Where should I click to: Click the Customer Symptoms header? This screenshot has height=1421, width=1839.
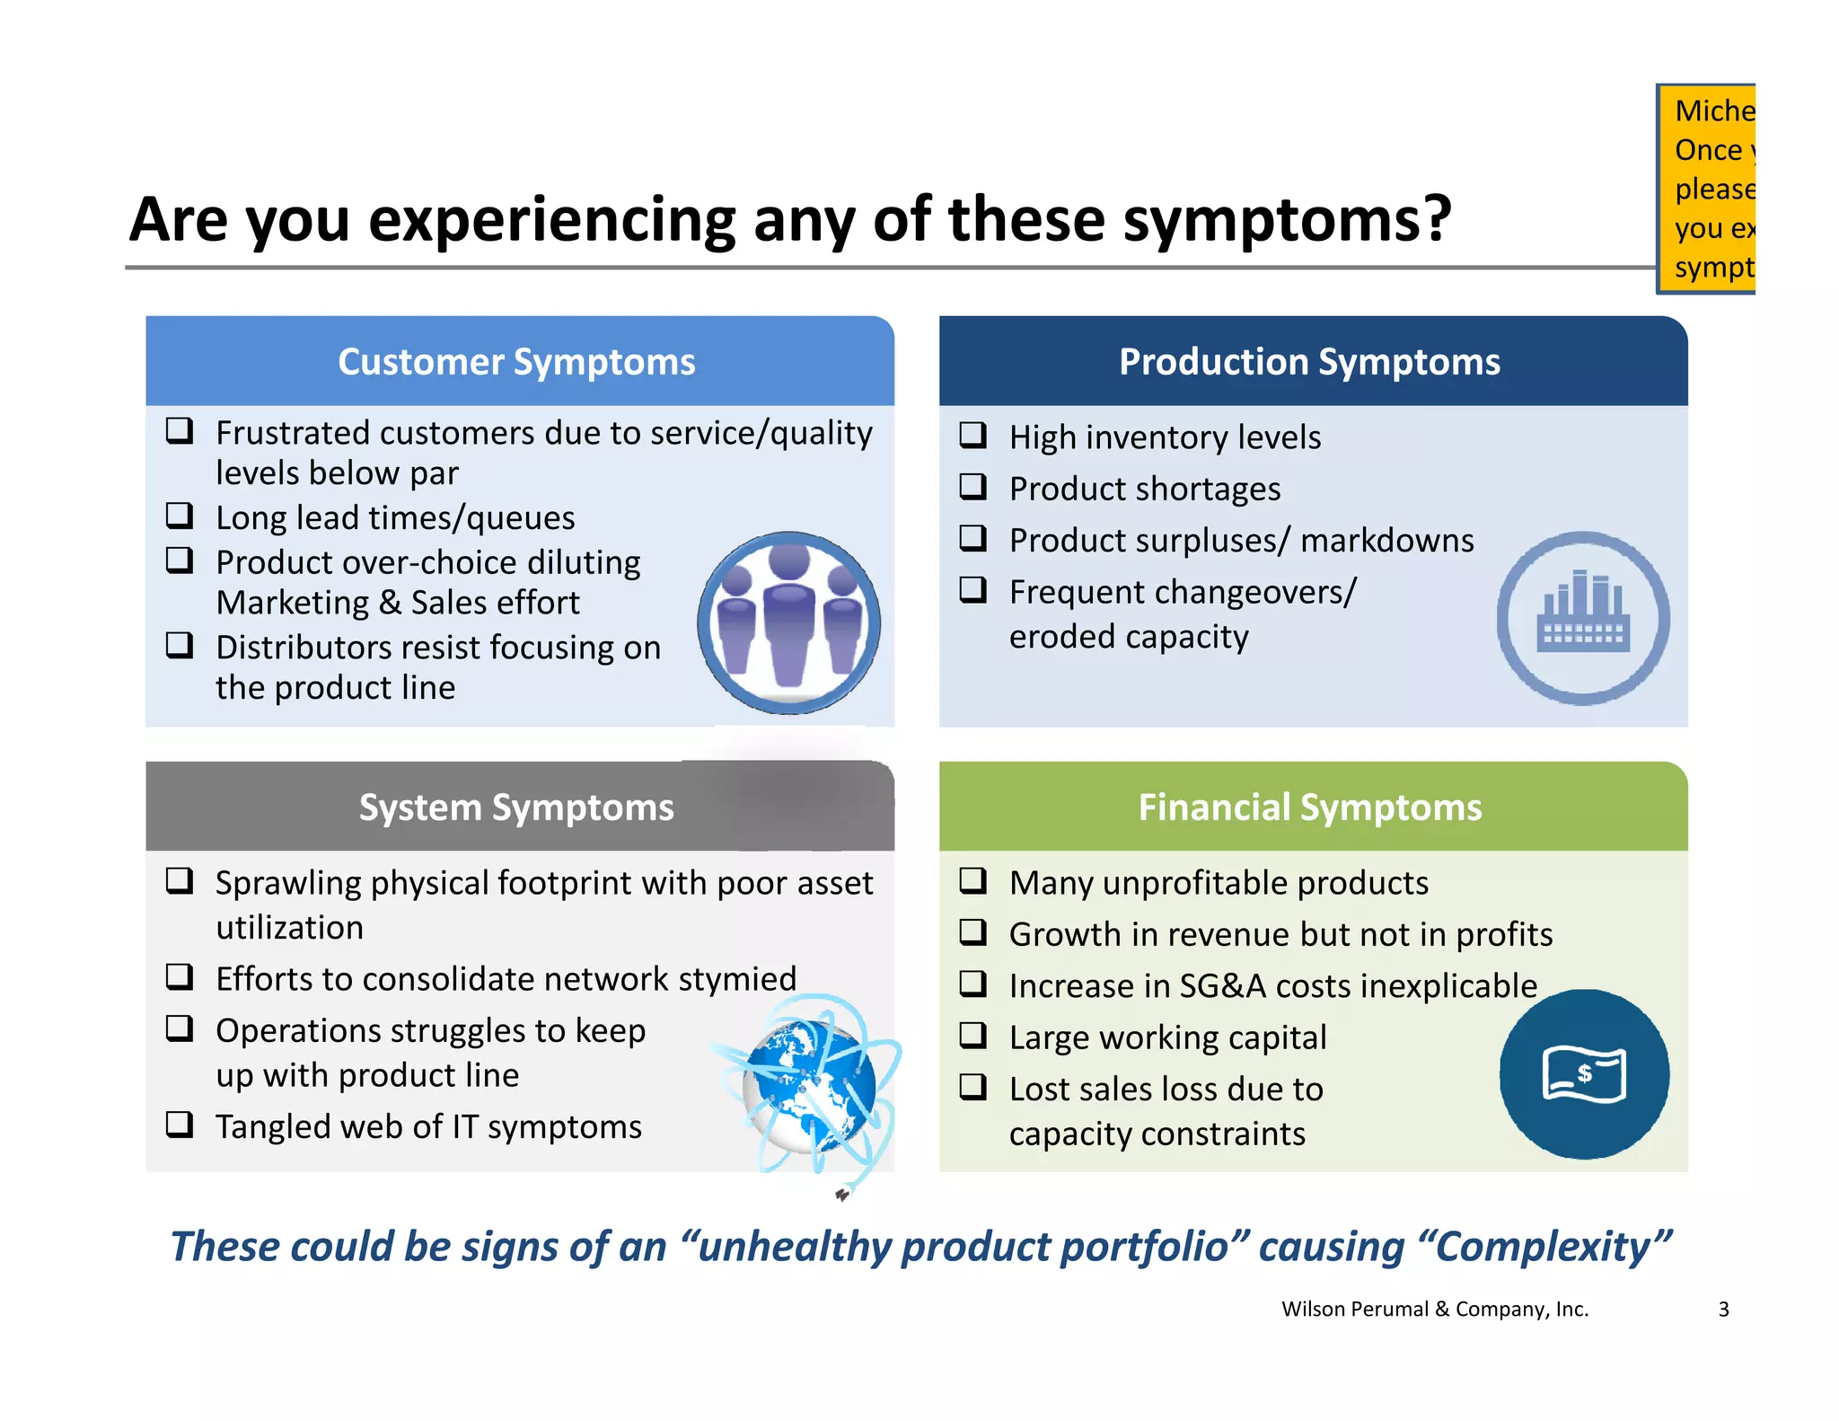tap(516, 362)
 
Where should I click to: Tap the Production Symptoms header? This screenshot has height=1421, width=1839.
tap(1309, 362)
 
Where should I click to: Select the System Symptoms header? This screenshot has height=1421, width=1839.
tap(516, 808)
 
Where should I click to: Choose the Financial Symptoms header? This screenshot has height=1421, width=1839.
tap(1309, 808)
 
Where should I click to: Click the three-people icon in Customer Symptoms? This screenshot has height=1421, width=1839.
tap(789, 622)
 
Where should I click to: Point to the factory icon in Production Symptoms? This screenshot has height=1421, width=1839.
tap(1583, 618)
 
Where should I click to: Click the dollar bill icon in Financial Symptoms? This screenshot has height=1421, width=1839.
tap(1584, 1074)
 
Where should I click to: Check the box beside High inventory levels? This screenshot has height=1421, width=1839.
tap(972, 436)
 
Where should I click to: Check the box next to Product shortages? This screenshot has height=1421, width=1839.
tap(972, 487)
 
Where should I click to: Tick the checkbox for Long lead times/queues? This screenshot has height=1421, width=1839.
tap(180, 516)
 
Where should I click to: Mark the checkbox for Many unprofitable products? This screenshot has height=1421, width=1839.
tap(972, 880)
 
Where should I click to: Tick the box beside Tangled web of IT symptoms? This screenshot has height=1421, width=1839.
tap(180, 1125)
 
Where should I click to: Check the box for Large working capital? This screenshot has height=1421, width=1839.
tap(972, 1036)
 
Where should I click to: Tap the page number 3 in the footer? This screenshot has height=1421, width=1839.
tap(1723, 1310)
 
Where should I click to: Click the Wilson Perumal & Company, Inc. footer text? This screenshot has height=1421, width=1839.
tap(1434, 1310)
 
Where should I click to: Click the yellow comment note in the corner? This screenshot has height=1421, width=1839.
tap(1707, 189)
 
